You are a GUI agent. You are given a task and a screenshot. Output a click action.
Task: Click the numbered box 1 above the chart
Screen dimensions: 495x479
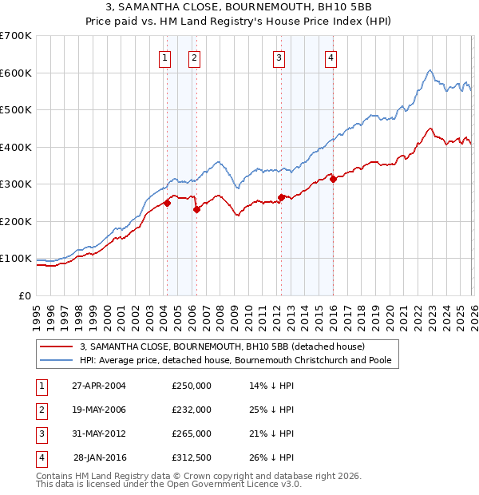164,57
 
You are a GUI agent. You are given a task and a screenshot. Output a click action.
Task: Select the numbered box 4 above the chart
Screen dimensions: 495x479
330,57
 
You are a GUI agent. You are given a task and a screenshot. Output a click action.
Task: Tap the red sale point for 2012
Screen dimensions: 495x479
281,197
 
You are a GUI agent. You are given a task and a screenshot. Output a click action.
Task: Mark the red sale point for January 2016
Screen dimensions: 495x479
333,179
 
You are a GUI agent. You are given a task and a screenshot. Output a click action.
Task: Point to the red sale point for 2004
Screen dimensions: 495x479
168,203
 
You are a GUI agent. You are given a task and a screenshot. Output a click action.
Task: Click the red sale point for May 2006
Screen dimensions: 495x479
196,209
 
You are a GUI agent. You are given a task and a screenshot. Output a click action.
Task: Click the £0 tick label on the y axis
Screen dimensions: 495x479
25,295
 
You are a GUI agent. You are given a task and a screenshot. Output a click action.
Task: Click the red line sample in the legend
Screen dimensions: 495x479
57,346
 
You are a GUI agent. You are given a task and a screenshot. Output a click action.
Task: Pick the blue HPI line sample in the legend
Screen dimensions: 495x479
57,360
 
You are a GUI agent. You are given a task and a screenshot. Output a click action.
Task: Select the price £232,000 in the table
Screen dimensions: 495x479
192,410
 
